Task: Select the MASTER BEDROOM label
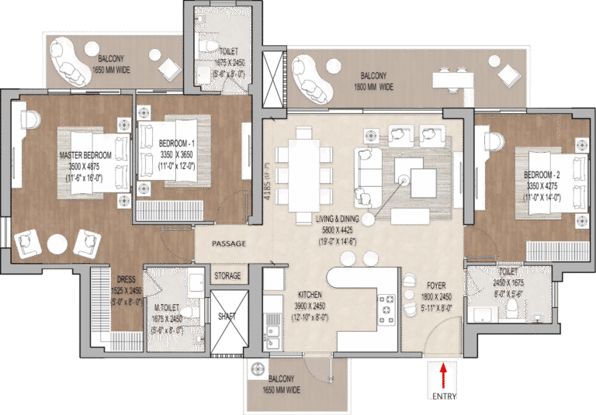pos(85,155)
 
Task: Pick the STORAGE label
pos(227,275)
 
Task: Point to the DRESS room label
pos(126,279)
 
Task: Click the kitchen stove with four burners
pos(387,310)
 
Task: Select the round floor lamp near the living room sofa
pos(368,220)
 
